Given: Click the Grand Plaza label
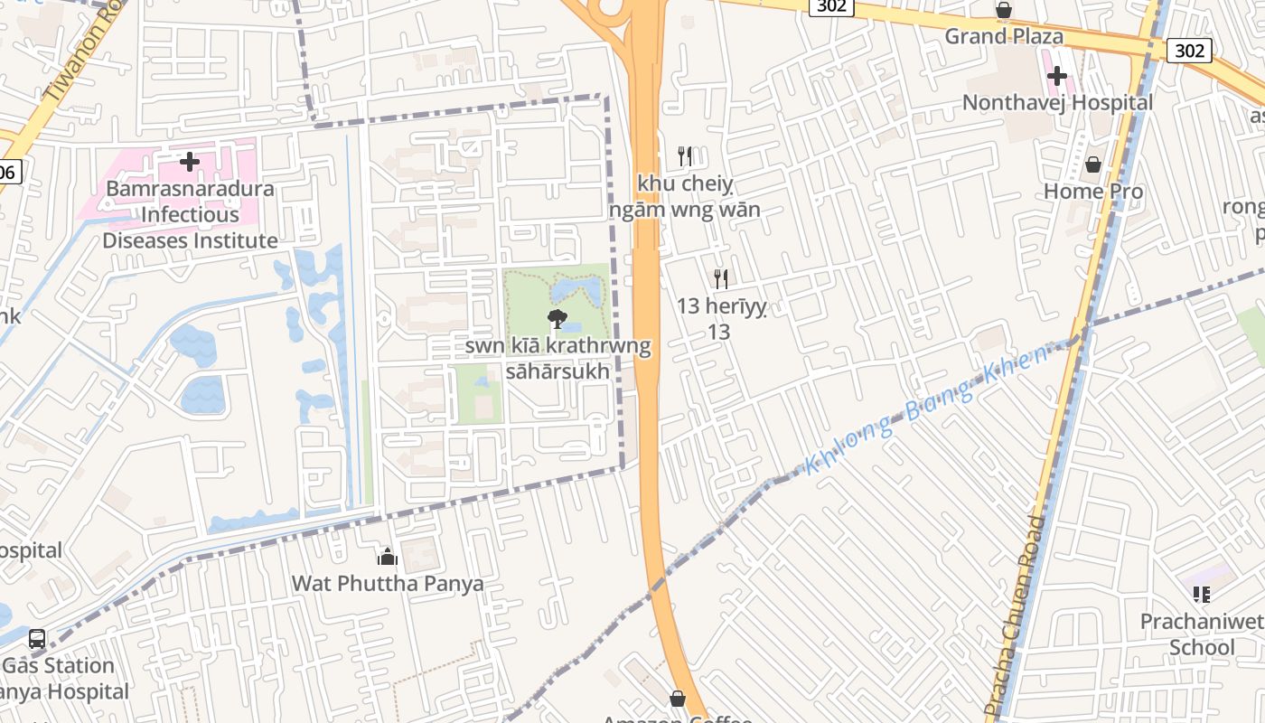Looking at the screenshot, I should click(1004, 36).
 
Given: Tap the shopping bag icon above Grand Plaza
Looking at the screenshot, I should click(1004, 11).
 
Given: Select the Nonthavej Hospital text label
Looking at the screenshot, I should click(1057, 102).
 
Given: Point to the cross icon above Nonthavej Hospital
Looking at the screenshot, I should click(1056, 76).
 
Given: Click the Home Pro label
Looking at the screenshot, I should click(1093, 191).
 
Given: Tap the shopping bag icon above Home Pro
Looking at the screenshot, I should click(1093, 164).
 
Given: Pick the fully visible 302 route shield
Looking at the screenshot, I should click(1188, 51).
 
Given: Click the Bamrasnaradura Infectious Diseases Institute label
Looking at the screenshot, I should click(190, 215).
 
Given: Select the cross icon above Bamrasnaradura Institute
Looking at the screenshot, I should click(190, 163).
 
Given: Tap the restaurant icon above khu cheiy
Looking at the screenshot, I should click(685, 156).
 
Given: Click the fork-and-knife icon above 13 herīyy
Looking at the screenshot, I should click(721, 278).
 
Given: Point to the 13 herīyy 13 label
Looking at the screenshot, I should click(721, 319).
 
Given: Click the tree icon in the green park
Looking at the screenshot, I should click(558, 318).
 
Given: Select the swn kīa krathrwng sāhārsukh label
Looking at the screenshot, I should click(558, 358).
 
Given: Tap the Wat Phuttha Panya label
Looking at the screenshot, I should click(388, 583).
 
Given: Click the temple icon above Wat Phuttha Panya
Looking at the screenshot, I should click(388, 556).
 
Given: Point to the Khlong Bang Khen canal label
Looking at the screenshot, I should click(926, 408).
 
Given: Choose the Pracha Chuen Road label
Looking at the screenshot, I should click(1018, 615).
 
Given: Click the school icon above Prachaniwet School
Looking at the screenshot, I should click(1202, 594).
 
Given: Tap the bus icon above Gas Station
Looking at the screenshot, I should click(37, 639).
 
